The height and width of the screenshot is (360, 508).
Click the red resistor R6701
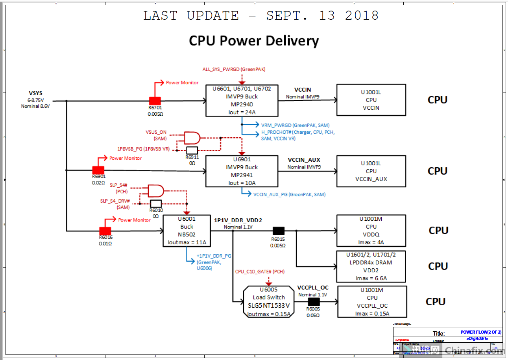[x=155, y=101]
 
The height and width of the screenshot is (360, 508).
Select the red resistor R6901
[x=98, y=170]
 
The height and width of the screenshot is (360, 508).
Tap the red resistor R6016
[x=105, y=231]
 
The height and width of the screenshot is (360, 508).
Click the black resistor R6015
[x=279, y=231]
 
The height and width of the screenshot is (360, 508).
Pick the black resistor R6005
[x=314, y=302]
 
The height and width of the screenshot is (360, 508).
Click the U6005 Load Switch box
[x=268, y=301]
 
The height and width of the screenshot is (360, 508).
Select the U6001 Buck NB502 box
[x=187, y=231]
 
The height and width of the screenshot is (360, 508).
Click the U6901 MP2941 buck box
[x=242, y=171]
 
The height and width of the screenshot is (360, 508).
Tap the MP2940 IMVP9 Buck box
[x=242, y=100]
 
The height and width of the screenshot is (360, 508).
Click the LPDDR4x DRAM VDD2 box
[x=371, y=266]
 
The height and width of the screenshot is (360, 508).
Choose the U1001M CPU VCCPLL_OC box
[x=372, y=302]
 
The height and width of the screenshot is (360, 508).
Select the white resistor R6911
[x=192, y=150]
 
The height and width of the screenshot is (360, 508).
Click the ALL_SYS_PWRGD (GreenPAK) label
[x=234, y=69]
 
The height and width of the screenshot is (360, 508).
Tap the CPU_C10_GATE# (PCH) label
[x=260, y=271]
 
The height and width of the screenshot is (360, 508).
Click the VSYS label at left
[x=35, y=93]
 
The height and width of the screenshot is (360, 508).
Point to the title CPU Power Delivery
[x=254, y=41]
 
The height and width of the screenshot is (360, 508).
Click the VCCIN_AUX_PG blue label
[x=289, y=194]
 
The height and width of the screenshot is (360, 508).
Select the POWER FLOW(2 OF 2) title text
[x=480, y=332]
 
